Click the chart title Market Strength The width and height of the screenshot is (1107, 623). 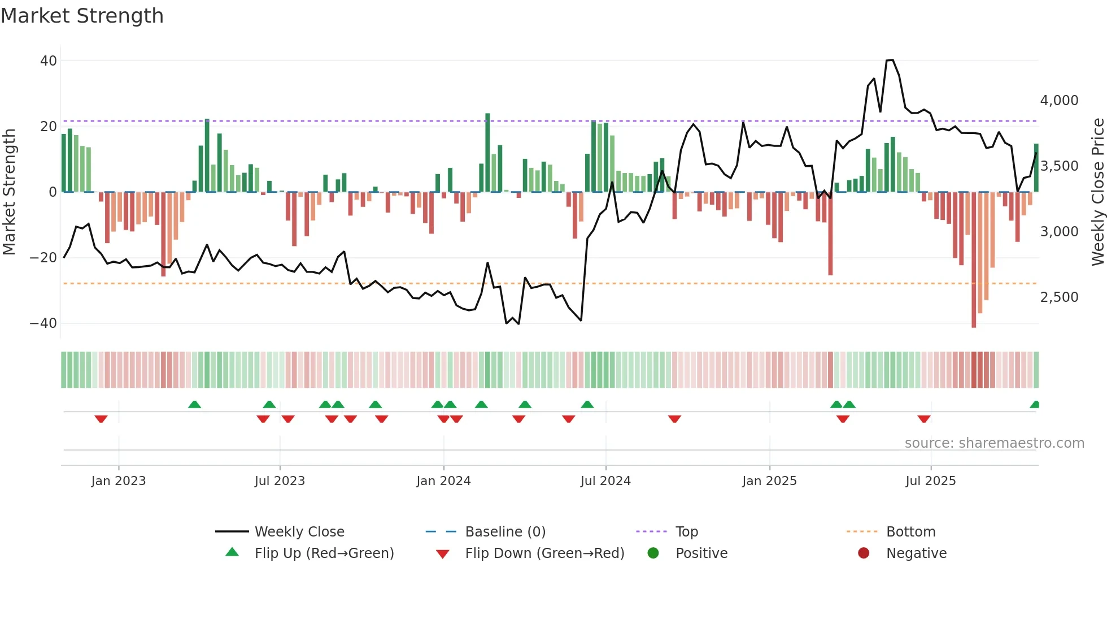click(82, 16)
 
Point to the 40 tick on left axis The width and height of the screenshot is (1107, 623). click(49, 60)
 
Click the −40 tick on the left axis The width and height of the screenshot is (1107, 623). click(43, 323)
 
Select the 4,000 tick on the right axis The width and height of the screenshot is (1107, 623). click(1059, 101)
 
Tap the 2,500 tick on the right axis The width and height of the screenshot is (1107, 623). click(1059, 297)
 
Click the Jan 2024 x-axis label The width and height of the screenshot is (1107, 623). click(443, 481)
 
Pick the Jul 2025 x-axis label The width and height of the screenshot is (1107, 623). click(930, 481)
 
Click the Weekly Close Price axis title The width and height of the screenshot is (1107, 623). click(1097, 192)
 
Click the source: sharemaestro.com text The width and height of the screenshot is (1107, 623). click(994, 443)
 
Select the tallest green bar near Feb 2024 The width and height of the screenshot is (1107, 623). click(487, 153)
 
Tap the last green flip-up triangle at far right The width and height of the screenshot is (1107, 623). click(1035, 405)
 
